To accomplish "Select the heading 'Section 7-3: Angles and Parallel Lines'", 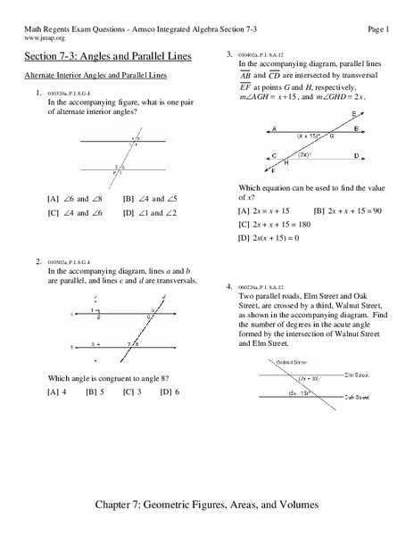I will [107, 57].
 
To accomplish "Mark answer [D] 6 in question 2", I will [170, 391].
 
